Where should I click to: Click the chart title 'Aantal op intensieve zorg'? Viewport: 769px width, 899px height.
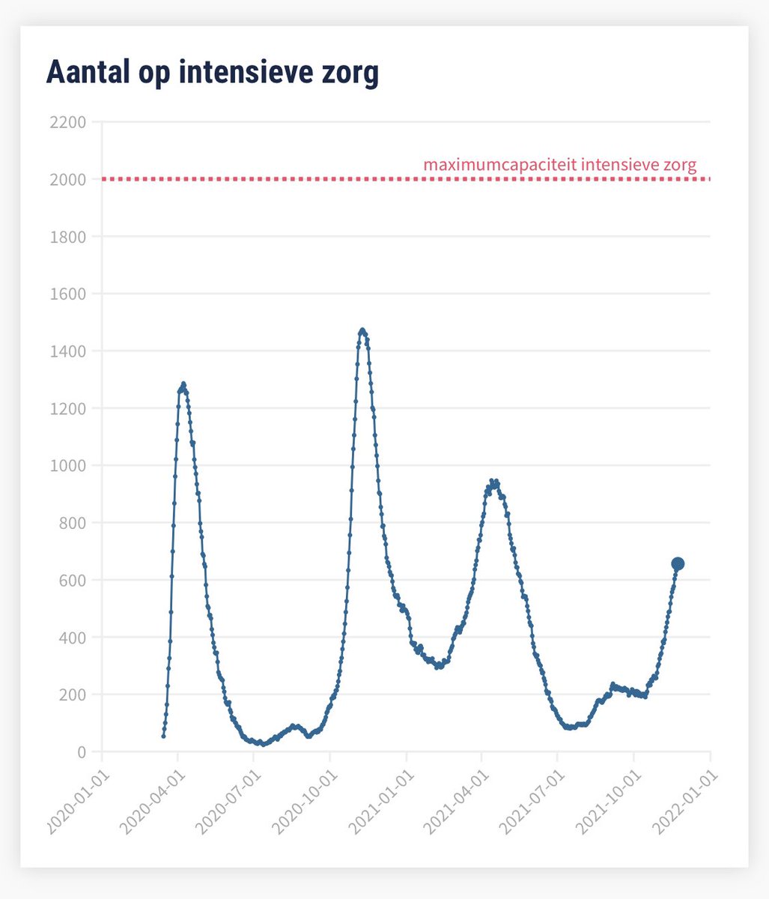(x=212, y=73)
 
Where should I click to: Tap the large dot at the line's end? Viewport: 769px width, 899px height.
(x=678, y=563)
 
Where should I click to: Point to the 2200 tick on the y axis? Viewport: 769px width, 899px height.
(x=67, y=122)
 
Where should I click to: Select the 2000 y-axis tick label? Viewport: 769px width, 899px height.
(x=67, y=180)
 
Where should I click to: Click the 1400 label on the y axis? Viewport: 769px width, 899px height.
(x=67, y=351)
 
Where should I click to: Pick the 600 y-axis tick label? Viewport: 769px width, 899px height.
(x=72, y=581)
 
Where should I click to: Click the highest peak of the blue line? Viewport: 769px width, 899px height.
(x=362, y=330)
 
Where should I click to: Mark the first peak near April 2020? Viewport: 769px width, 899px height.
(x=183, y=384)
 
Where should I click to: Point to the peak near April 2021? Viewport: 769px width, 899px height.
(x=493, y=482)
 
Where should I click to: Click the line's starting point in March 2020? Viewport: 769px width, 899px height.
(x=163, y=736)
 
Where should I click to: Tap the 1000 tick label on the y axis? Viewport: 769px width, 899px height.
(x=67, y=466)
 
